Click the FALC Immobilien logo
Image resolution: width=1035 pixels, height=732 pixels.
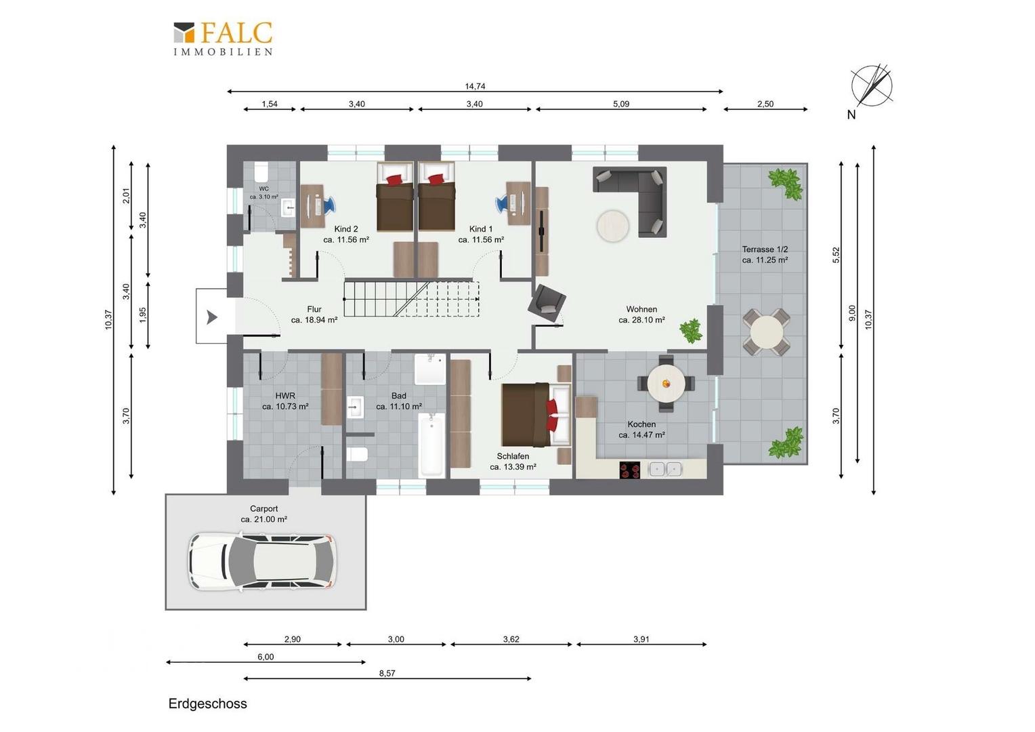[x=223, y=39]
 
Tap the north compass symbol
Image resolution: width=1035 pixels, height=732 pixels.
[x=872, y=86]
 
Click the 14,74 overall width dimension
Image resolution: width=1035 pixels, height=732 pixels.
[x=475, y=86]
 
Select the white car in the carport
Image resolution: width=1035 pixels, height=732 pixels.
[x=262, y=562]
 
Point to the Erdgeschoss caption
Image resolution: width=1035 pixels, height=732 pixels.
[x=207, y=704]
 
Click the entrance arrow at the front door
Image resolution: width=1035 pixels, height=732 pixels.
[x=212, y=317]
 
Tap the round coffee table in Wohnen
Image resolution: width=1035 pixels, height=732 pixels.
[x=613, y=226]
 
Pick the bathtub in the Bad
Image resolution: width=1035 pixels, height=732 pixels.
[x=431, y=445]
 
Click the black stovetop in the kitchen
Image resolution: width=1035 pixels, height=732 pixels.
[x=630, y=470]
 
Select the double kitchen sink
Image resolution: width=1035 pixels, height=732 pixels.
[x=665, y=469]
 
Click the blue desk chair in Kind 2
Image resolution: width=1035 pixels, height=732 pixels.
[x=329, y=205]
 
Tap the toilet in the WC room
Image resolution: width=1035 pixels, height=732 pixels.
[x=261, y=172]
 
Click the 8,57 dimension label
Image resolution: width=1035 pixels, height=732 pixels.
[x=387, y=673]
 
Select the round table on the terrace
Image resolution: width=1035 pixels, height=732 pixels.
[x=767, y=332]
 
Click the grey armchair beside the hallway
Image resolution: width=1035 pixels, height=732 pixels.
[x=547, y=303]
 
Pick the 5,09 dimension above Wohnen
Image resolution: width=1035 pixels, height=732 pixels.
[x=621, y=104]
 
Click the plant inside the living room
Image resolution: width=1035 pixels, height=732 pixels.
[x=691, y=331]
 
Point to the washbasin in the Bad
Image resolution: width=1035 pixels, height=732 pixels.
[x=355, y=407]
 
